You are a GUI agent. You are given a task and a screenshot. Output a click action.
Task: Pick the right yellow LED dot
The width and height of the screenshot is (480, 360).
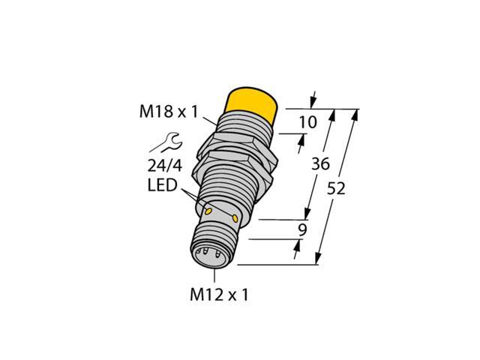click(237, 218)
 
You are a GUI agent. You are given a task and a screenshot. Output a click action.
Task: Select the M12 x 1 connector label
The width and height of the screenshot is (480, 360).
click(218, 295)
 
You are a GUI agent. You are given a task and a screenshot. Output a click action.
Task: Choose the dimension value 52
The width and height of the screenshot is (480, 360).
click(337, 190)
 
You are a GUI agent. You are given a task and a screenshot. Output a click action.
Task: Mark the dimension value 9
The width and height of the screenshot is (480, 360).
click(302, 231)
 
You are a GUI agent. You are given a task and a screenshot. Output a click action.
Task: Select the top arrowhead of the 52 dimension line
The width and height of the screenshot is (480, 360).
click(357, 114)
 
